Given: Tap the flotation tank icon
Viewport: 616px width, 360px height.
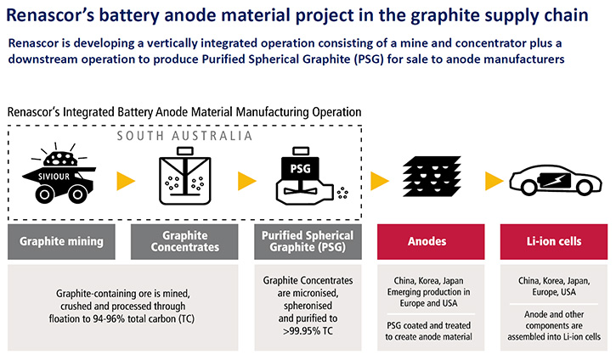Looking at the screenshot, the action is point(184,176).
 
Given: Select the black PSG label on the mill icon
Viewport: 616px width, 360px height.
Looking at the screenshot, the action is point(300,169).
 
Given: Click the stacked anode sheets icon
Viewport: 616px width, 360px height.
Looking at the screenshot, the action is point(432,177).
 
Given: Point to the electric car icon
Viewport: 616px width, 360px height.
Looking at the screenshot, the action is point(556,181).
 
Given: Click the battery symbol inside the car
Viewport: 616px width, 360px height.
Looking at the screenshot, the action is point(555,180).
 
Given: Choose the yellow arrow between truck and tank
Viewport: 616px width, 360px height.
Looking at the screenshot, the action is point(126,181).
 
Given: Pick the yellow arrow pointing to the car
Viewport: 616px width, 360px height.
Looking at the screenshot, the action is point(494,181).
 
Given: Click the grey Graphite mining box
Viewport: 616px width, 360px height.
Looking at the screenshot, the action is point(61,241).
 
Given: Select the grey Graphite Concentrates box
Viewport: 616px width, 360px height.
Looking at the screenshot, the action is point(184,241).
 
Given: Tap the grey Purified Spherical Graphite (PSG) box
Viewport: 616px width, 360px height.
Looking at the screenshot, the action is point(308,241).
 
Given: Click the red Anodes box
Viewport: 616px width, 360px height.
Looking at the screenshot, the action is point(431,241).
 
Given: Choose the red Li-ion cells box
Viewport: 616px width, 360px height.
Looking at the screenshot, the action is point(553,241).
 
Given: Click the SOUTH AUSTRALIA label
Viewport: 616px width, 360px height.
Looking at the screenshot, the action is point(184,136).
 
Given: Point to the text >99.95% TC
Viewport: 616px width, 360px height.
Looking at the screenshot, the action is point(308,331).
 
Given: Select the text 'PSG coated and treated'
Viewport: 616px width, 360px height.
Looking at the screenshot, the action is point(428,325).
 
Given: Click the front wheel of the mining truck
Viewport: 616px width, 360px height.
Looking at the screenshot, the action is point(44,194).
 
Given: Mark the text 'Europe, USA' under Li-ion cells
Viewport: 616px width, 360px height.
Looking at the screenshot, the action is point(554,292).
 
